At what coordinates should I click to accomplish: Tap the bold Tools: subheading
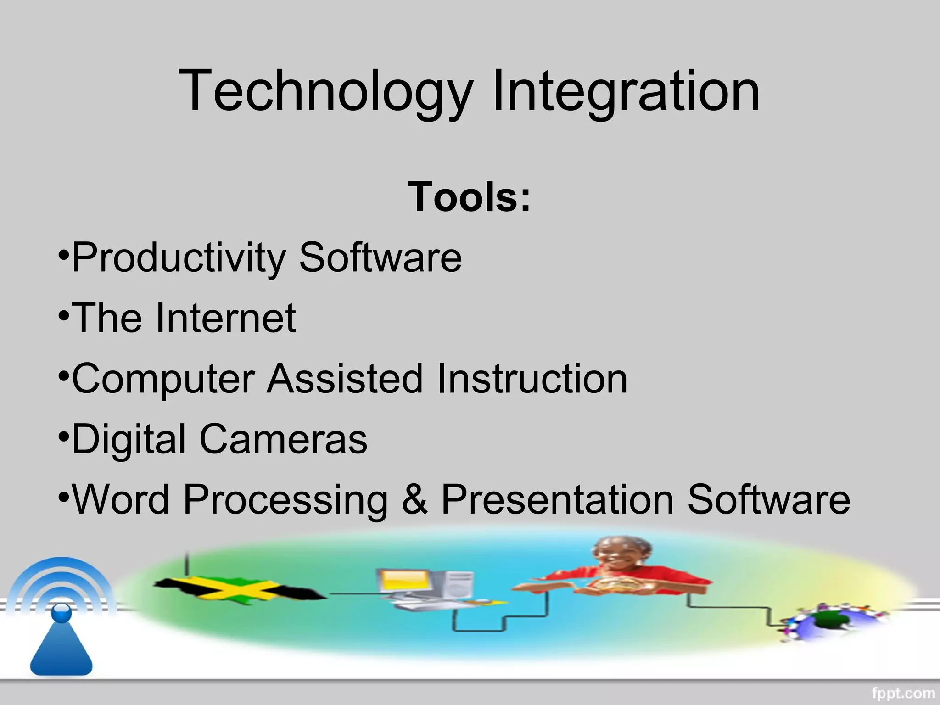point(469,197)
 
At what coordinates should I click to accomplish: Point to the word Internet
point(225,318)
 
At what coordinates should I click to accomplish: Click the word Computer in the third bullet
point(163,379)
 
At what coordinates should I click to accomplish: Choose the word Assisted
point(345,379)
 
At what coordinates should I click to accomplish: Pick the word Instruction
point(532,379)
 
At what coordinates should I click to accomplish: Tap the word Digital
point(129,439)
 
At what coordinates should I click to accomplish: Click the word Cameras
point(283,439)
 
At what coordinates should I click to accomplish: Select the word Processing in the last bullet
point(285,499)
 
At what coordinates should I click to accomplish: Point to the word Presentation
point(557,499)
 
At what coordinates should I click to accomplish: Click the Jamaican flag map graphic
point(239,590)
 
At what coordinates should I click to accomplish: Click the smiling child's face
point(622,555)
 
